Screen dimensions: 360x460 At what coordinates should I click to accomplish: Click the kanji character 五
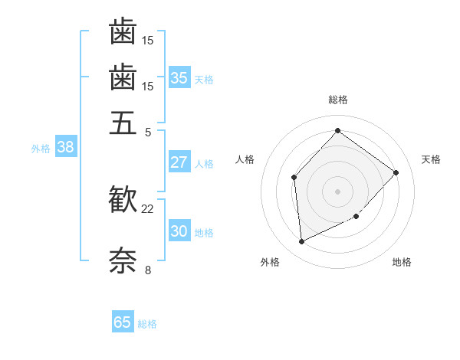coord(123,123)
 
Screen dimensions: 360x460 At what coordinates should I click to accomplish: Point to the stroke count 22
coord(148,208)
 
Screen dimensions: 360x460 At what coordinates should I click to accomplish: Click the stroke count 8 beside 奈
coord(148,270)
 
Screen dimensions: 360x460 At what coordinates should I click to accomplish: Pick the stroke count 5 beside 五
coord(148,131)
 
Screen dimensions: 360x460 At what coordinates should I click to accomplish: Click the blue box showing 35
coord(179,77)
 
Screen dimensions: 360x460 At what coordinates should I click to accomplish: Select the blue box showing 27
coord(179,162)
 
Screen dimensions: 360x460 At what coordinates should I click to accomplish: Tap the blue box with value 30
coord(179,231)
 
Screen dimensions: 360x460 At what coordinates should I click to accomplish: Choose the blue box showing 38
coord(65,148)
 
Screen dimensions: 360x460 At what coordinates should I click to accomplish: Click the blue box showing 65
coord(123,322)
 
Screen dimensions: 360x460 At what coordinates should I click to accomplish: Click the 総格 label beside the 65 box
coord(147,324)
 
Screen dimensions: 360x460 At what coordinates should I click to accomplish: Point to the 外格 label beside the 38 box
coord(41,149)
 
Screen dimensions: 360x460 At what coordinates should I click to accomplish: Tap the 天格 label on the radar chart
coord(431,159)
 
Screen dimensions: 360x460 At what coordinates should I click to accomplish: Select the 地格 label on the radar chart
coord(402,263)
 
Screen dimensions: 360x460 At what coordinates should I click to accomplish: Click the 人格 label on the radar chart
coord(245,159)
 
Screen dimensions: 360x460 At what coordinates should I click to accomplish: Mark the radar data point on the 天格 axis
coord(396,172)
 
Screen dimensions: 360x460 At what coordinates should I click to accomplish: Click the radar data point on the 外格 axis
coord(301,241)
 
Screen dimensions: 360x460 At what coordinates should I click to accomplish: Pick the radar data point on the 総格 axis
coord(337,130)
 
